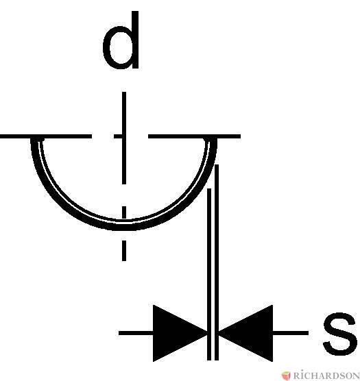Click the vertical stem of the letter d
135,40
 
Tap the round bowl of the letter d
106,47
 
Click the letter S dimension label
340,334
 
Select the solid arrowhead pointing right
180,333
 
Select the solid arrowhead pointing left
245,333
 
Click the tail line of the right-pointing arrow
136,333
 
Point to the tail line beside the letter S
291,333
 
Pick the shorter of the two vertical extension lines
209,274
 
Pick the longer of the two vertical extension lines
217,262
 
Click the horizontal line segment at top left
46,136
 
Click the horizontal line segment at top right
195,136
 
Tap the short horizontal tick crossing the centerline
120,136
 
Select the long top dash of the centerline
124,138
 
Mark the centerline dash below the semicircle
124,251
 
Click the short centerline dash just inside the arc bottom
124,212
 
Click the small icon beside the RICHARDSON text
287,376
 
